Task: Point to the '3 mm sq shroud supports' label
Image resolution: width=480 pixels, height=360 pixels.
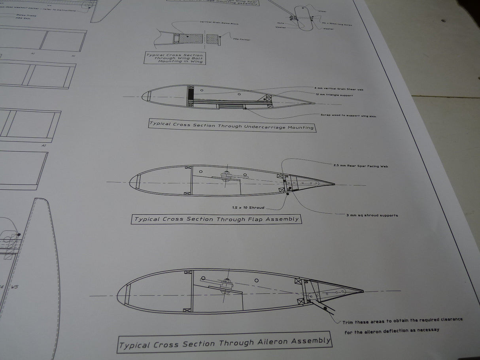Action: (x=372, y=215)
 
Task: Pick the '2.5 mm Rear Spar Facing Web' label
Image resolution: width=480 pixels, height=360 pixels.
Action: (x=361, y=166)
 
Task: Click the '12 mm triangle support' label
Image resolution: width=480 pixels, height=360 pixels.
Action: (x=334, y=95)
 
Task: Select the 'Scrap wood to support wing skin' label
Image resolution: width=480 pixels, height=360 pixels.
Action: (x=348, y=115)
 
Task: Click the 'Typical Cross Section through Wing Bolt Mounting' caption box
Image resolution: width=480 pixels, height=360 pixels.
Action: (x=174, y=58)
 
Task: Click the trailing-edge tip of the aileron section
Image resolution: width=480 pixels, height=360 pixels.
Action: (x=362, y=291)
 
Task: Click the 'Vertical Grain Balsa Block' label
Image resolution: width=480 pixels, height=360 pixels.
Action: (x=219, y=23)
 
